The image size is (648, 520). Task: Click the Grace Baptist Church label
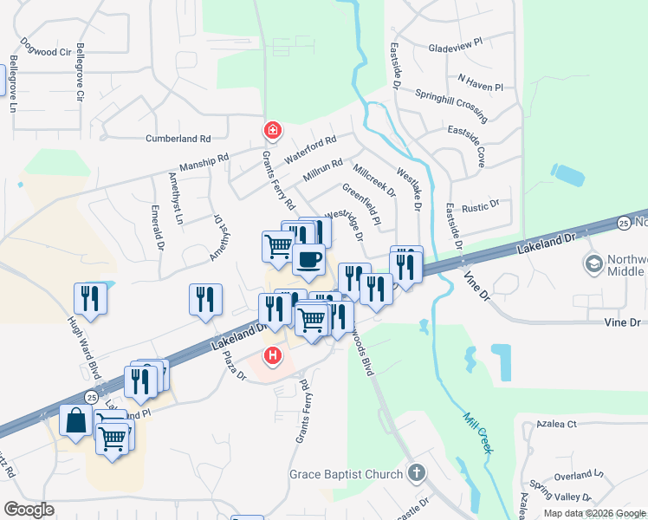tap(347, 474)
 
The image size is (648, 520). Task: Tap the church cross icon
tap(417, 473)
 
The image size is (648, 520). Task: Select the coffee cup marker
tap(308, 257)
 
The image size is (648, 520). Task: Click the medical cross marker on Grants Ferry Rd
tap(272, 131)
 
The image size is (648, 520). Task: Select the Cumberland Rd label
tap(178, 139)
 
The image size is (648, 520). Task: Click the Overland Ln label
tap(572, 476)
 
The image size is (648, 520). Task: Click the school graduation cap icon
tap(594, 263)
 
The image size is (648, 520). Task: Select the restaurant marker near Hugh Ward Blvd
tap(91, 298)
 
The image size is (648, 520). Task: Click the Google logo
tap(29, 510)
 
